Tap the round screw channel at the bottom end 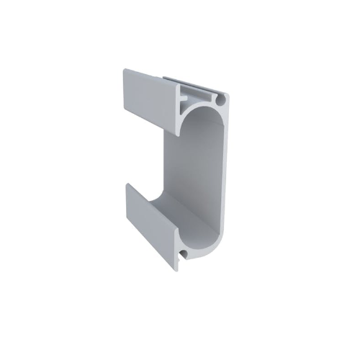(x=186, y=254)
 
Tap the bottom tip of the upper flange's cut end (x=176, y=134)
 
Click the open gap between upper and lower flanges (x=144, y=155)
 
